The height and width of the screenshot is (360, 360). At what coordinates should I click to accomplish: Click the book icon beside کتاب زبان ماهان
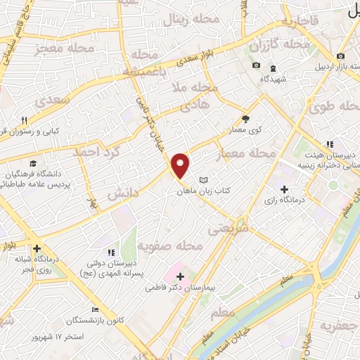click(204, 181)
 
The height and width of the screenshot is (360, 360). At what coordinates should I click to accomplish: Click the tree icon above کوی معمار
click(245, 119)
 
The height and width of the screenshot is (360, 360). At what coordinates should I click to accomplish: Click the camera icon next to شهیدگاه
click(256, 66)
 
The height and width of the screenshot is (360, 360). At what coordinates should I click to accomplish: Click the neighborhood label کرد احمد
click(108, 151)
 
